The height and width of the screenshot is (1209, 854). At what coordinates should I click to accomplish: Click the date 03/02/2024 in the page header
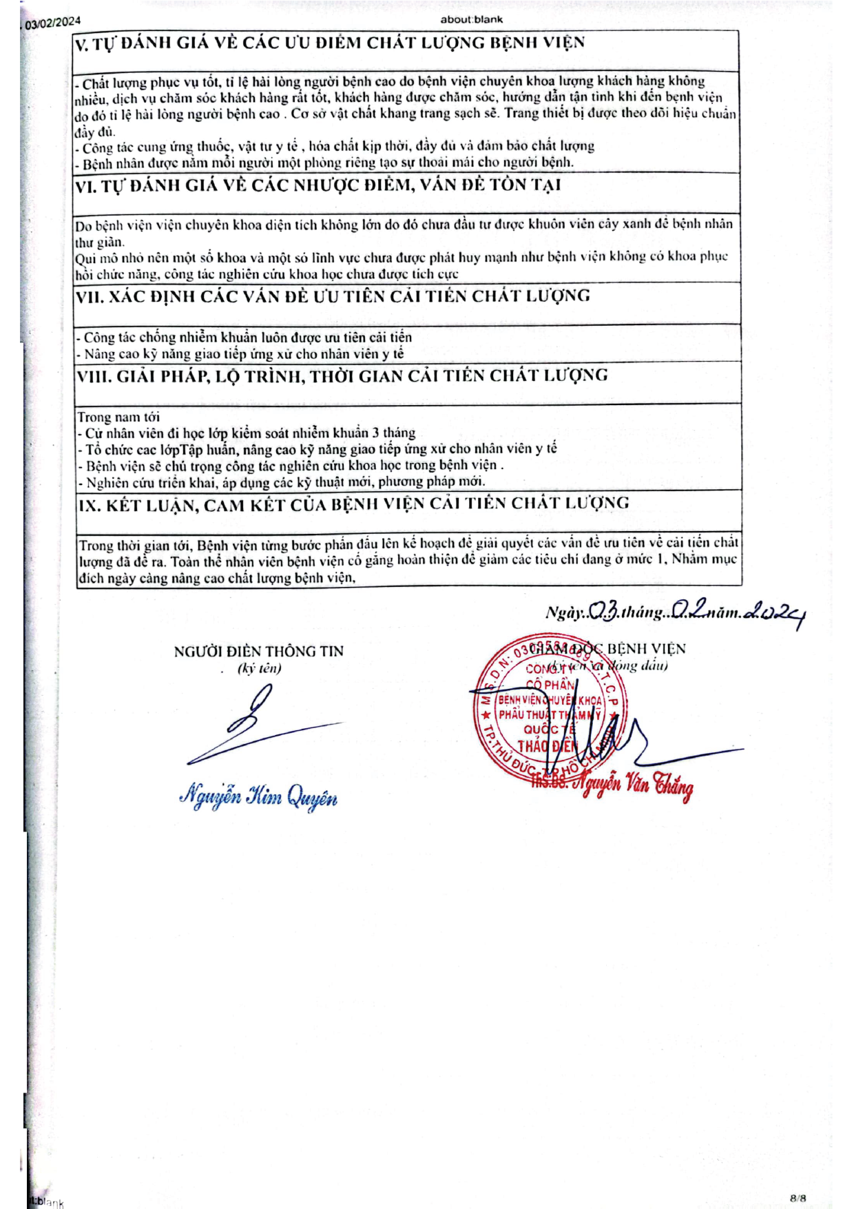pos(53,23)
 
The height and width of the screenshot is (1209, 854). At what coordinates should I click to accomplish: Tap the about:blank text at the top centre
pos(472,19)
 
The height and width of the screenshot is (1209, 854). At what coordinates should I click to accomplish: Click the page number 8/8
pos(798,1197)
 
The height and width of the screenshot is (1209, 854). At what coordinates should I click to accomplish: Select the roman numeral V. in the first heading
pos(82,45)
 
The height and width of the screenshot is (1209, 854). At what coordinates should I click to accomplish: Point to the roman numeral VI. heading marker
pos(86,186)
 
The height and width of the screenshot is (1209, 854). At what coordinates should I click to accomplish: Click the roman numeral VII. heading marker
pos(90,297)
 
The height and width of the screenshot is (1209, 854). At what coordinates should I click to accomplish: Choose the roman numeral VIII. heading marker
pos(94,377)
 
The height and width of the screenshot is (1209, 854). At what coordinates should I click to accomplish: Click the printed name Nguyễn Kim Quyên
pos(258,796)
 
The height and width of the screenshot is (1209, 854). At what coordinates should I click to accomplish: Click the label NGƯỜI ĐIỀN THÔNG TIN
pos(258,651)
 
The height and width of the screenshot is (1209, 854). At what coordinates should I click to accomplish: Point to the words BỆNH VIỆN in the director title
pos(646,649)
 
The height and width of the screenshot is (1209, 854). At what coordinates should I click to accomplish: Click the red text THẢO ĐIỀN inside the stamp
pos(545,745)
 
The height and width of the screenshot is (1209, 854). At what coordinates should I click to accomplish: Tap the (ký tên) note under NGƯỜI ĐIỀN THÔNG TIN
pos(259,668)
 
